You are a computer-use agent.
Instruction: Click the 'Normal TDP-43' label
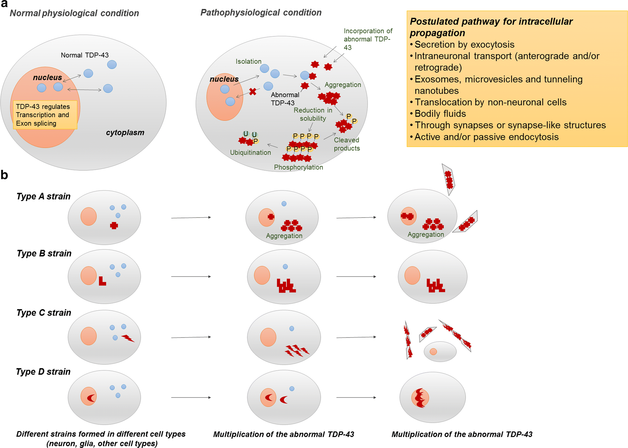[85, 55]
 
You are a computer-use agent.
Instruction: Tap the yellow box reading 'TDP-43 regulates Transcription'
[44, 115]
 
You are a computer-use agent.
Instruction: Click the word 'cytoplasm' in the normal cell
[125, 133]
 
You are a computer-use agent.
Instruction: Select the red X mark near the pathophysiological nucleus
[253, 91]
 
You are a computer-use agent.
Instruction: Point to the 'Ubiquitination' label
[250, 153]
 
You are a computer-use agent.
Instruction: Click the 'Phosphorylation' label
[298, 167]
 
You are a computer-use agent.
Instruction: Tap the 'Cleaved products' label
[346, 144]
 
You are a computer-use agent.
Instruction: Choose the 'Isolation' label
[248, 61]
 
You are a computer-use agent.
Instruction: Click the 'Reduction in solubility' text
[313, 114]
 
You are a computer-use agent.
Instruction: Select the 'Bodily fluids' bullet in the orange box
[440, 114]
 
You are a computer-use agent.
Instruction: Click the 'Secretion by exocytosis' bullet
[464, 44]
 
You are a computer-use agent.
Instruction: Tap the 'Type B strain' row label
[44, 253]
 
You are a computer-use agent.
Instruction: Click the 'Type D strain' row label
[43, 372]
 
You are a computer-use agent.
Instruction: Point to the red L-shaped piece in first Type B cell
[102, 281]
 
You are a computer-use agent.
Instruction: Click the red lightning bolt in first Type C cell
[128, 338]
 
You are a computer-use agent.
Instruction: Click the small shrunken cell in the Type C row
[440, 352]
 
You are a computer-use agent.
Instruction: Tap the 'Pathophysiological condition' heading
[261, 13]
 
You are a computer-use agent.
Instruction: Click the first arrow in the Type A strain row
[191, 218]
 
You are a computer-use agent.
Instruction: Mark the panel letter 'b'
[4, 175]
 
